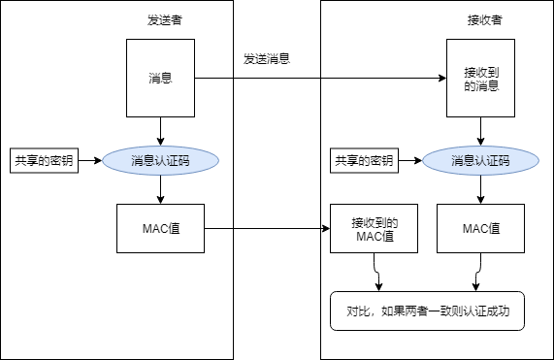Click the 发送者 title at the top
click(x=160, y=20)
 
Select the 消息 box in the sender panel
click(x=160, y=78)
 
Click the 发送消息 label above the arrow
click(x=268, y=58)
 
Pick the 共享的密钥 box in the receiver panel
click(x=363, y=160)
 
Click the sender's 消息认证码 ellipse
click(x=160, y=160)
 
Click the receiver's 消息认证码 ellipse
click(x=480, y=160)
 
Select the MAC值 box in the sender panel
click(x=160, y=229)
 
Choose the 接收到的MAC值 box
click(x=375, y=229)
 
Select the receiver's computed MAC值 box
click(x=481, y=229)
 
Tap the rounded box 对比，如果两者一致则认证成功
click(x=427, y=312)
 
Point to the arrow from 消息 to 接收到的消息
click(x=320, y=78)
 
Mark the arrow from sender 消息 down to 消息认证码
click(x=160, y=130)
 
